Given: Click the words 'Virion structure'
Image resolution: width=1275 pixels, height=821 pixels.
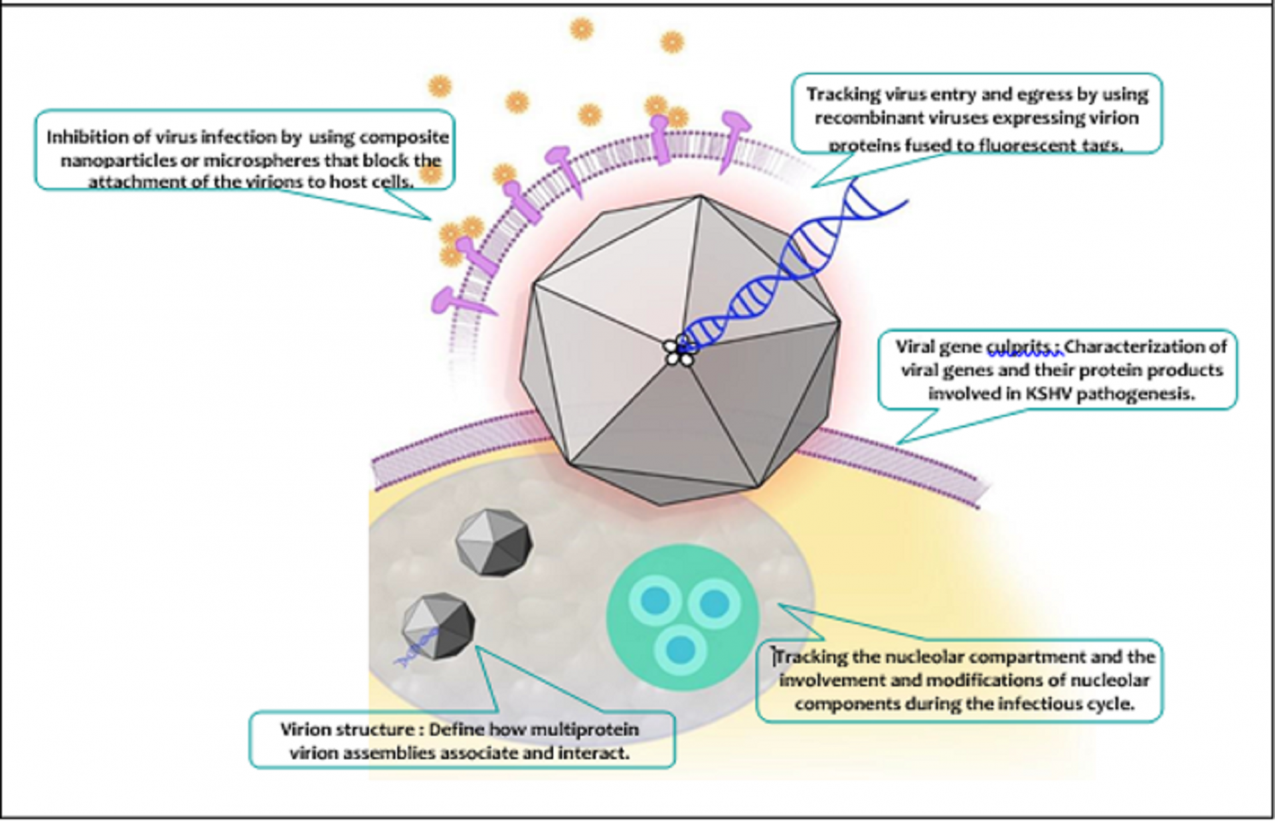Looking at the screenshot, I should pyautogui.click(x=347, y=730).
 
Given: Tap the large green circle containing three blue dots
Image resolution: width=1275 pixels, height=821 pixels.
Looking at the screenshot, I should pyautogui.click(x=682, y=616).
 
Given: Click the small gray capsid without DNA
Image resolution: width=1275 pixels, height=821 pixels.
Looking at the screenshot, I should pyautogui.click(x=493, y=542).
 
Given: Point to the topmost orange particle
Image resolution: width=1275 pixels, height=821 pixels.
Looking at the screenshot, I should pyautogui.click(x=581, y=29).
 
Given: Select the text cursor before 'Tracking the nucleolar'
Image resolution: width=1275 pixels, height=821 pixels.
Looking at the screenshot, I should pyautogui.click(x=774, y=656).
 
